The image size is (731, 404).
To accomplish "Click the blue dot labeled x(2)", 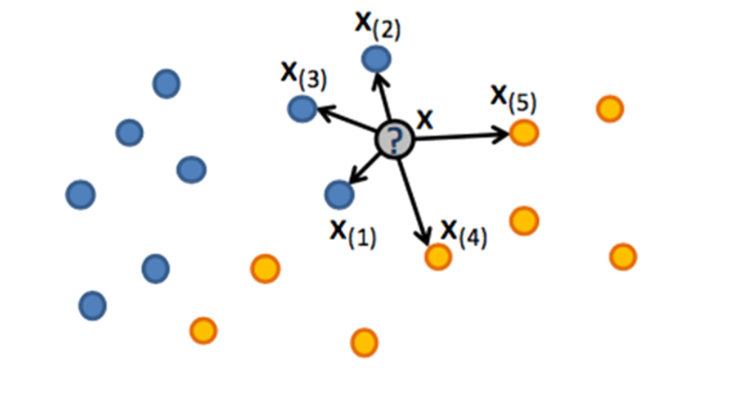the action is point(376,58).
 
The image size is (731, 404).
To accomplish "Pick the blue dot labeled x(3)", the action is point(302,109).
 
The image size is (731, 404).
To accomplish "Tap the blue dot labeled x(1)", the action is point(339,194).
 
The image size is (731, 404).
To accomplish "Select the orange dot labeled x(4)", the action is point(438,256).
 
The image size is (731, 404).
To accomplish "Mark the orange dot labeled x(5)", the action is point(524,133).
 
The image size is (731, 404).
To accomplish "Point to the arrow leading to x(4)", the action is point(414,199).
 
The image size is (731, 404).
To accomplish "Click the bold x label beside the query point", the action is point(424,118).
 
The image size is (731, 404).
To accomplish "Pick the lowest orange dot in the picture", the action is point(364,342).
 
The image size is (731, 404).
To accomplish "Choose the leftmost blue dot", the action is point(81,194).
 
